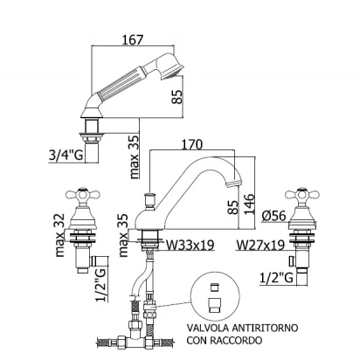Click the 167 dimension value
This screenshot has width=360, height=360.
pos(133,40)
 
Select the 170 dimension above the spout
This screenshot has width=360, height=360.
pos(191,144)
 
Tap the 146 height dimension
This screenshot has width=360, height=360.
pos(250,204)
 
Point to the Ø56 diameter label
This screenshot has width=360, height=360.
pos(273,216)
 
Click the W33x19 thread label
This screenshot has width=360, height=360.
pos(190,245)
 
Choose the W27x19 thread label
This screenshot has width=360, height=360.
pos(260,245)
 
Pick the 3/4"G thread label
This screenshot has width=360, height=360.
pos(66,156)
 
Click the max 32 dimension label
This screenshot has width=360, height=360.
pos(59,235)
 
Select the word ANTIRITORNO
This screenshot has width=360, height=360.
pos(265,328)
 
